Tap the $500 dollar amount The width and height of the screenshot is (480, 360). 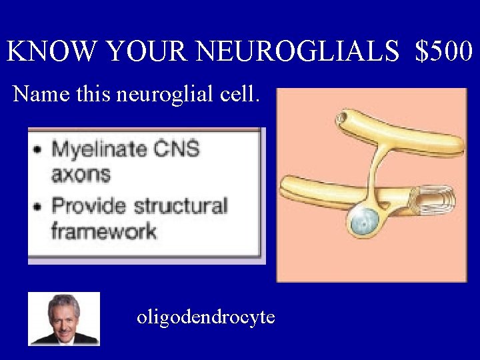click(443, 51)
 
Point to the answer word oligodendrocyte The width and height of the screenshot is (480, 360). click(205, 317)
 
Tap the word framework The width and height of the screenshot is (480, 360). click(103, 231)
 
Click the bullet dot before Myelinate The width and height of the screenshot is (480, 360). click(38, 149)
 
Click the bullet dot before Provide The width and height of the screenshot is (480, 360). click(38, 205)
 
